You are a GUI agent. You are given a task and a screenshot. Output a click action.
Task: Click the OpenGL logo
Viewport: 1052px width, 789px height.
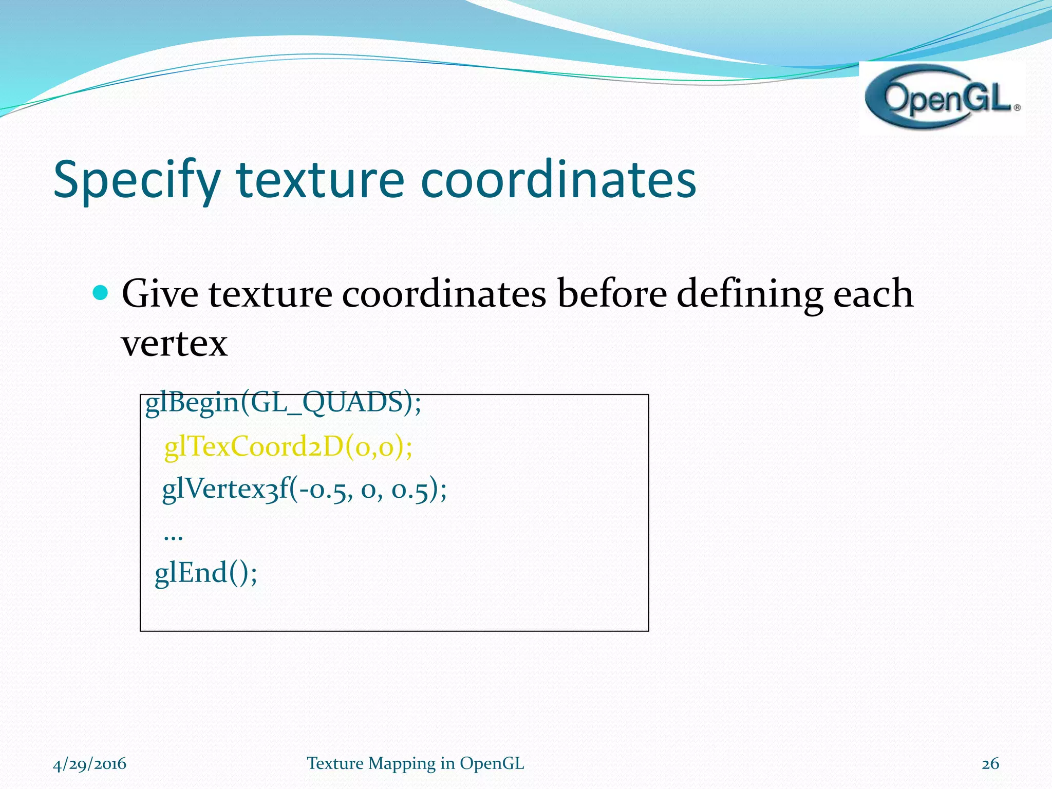(941, 98)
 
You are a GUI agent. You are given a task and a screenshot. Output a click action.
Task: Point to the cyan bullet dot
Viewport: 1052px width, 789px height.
(101, 293)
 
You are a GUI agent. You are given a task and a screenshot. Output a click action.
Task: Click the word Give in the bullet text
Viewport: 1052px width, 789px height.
(160, 294)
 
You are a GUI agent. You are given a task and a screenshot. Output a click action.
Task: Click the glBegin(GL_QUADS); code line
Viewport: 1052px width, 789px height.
(283, 403)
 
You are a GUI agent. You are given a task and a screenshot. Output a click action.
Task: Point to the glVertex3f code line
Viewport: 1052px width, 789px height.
(304, 489)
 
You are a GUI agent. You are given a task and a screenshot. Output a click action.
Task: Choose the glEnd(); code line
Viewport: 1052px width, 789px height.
(206, 573)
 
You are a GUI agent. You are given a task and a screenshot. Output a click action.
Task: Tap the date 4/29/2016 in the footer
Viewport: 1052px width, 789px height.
(89, 764)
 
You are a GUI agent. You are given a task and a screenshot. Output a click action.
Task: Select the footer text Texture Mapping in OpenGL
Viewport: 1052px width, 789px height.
(415, 764)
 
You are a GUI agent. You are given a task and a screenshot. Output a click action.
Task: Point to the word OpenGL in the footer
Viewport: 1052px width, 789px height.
(492, 764)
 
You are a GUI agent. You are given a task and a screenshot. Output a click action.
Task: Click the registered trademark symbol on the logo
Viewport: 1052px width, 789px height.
(1017, 108)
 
